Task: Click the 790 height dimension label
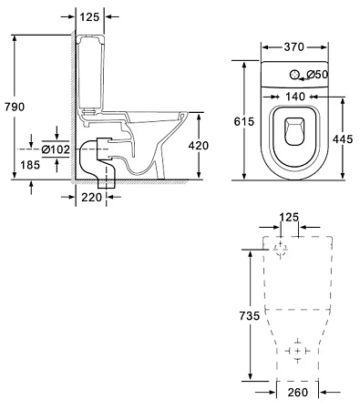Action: [15, 107]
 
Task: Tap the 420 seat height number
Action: [199, 146]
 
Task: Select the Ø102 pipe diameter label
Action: [56, 149]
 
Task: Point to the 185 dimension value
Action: [30, 165]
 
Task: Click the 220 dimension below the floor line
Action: [91, 198]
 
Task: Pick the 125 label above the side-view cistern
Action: [89, 17]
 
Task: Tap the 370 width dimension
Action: [293, 47]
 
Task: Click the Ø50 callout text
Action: [317, 75]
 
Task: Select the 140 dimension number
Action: [295, 97]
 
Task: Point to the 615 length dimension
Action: [244, 121]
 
